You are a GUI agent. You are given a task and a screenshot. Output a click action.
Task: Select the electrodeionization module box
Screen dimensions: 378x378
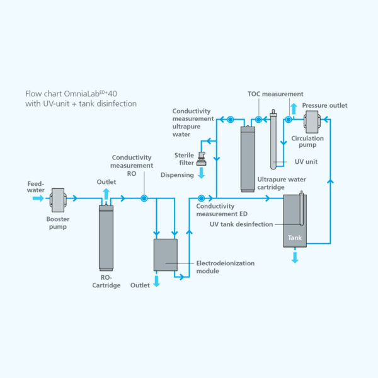[165, 255]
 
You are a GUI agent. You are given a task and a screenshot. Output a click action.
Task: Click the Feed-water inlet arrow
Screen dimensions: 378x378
[38, 198]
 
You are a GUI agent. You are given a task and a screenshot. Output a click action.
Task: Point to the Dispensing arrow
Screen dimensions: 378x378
[202, 172]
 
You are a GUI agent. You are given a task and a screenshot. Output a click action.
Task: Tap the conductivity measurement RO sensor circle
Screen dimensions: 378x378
[144, 198]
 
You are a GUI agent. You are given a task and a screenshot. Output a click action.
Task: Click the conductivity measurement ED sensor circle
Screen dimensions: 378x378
[201, 198]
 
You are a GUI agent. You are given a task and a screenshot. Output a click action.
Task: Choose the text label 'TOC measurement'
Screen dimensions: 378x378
[275, 94]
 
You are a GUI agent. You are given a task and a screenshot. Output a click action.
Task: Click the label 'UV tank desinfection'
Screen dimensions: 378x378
[241, 224]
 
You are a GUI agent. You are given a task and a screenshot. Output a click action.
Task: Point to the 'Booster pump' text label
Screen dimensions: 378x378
[57, 223]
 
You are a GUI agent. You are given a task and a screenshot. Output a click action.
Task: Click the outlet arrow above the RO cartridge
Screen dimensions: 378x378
[105, 193]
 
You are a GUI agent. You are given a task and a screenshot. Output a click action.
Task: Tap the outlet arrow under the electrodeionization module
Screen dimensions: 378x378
[157, 281]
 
